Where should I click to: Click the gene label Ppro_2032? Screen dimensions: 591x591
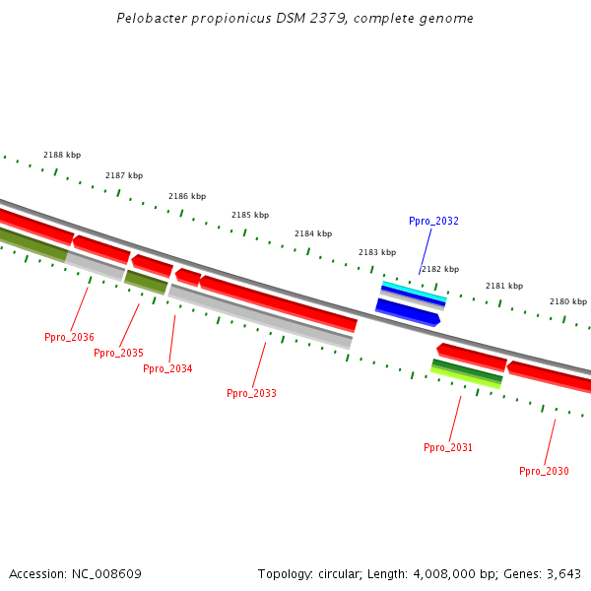(433, 221)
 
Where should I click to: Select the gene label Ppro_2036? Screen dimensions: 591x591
(69, 337)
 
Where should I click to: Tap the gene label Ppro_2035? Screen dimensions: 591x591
(118, 353)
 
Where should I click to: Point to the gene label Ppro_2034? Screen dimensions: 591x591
(167, 368)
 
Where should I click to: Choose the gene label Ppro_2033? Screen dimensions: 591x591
(251, 393)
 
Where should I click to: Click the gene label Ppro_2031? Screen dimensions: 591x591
(448, 447)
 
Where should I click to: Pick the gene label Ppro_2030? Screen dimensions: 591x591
(544, 471)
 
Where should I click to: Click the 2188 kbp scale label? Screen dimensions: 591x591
(62, 155)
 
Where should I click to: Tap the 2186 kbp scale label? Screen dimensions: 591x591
(187, 196)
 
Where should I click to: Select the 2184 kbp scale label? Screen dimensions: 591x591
(313, 233)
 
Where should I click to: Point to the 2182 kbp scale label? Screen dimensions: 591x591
(440, 269)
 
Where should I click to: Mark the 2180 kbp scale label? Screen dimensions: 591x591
(567, 301)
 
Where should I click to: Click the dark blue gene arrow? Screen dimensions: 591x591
(407, 312)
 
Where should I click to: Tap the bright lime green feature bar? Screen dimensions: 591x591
(465, 377)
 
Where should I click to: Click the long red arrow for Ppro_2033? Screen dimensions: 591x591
(279, 303)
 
